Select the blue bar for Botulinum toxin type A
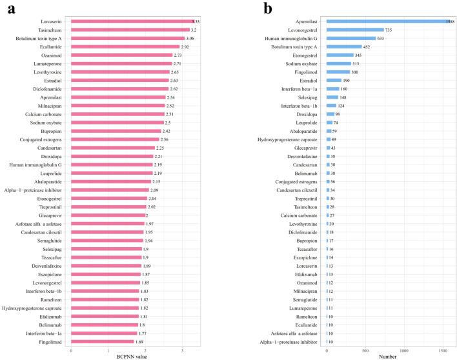coord(344,46)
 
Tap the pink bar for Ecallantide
coord(125,46)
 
